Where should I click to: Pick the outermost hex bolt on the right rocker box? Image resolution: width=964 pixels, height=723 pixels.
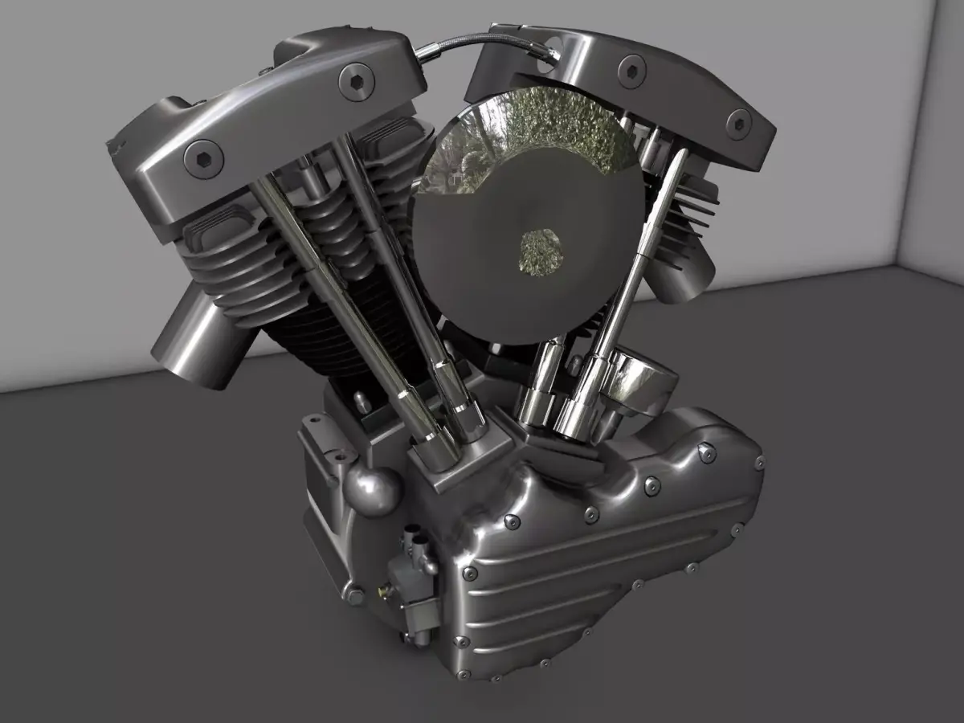(737, 122)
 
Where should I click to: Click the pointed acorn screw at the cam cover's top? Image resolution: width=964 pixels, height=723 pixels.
(706, 454)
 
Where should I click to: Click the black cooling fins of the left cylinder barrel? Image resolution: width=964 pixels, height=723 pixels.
(321, 337)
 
